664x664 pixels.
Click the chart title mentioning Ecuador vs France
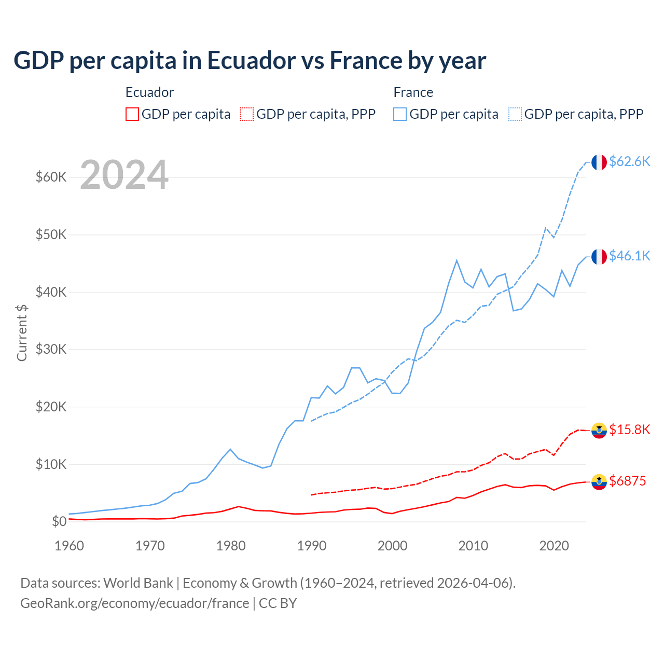[x=250, y=61]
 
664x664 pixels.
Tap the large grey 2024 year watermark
[x=124, y=175]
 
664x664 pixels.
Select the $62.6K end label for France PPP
[x=629, y=162]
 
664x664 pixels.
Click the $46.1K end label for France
[x=629, y=256]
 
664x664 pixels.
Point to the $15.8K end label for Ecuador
[x=629, y=430]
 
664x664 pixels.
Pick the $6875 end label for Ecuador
[x=627, y=481]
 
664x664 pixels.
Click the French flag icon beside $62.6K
[x=599, y=162]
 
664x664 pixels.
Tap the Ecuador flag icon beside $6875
[x=599, y=482]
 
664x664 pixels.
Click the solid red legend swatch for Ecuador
[x=132, y=114]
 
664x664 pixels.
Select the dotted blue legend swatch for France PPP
[x=515, y=114]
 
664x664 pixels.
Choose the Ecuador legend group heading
[x=149, y=93]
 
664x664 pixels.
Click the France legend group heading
[x=413, y=93]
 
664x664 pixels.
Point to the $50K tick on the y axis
[x=51, y=235]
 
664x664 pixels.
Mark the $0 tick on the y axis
[x=59, y=522]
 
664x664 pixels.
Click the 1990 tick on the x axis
[x=312, y=546]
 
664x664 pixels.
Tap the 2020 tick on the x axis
[x=554, y=546]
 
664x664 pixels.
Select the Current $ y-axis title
[x=22, y=333]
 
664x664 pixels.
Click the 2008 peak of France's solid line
[x=457, y=260]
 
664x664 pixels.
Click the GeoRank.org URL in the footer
[x=135, y=603]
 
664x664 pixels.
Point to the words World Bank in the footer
[x=138, y=583]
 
